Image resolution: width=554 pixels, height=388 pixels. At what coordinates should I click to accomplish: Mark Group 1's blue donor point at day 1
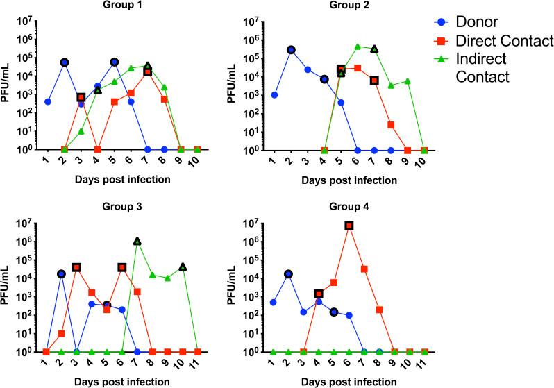[x=48, y=101]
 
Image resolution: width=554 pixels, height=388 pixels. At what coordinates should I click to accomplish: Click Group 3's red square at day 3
[x=76, y=267]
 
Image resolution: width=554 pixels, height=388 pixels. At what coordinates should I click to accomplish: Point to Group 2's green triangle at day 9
[x=408, y=81]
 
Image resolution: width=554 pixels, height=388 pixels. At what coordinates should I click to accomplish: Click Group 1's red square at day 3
[x=81, y=97]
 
